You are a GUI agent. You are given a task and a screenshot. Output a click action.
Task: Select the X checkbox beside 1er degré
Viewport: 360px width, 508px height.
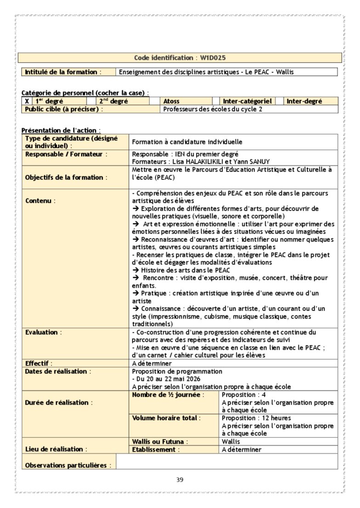coord(27,101)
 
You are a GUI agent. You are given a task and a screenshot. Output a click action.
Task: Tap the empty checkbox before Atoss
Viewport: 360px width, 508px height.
coord(155,101)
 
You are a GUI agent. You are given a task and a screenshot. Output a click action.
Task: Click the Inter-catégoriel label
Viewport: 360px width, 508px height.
coord(247,101)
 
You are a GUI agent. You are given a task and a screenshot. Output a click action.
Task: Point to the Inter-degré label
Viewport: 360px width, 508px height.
coord(304,101)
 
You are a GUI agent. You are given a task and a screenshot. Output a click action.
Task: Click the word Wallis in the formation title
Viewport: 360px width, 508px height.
coord(285,72)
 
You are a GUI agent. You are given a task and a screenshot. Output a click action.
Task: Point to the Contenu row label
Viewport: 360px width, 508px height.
coord(40,201)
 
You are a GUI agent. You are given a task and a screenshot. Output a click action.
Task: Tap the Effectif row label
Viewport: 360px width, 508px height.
coord(39,363)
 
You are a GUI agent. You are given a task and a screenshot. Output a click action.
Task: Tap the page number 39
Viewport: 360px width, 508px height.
coord(180,480)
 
